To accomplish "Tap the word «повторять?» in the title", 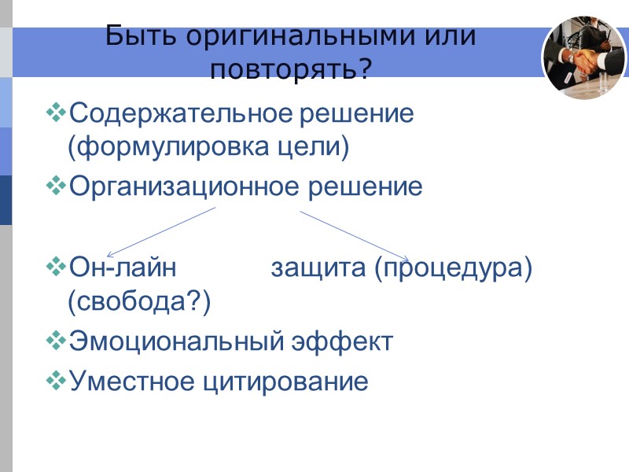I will (x=291, y=69).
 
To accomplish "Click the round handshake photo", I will (x=583, y=57).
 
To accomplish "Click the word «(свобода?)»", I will (x=140, y=301).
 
